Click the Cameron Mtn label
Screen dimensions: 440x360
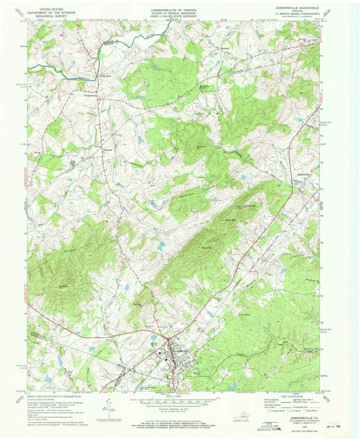(142, 304)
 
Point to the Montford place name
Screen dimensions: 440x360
(225, 49)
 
